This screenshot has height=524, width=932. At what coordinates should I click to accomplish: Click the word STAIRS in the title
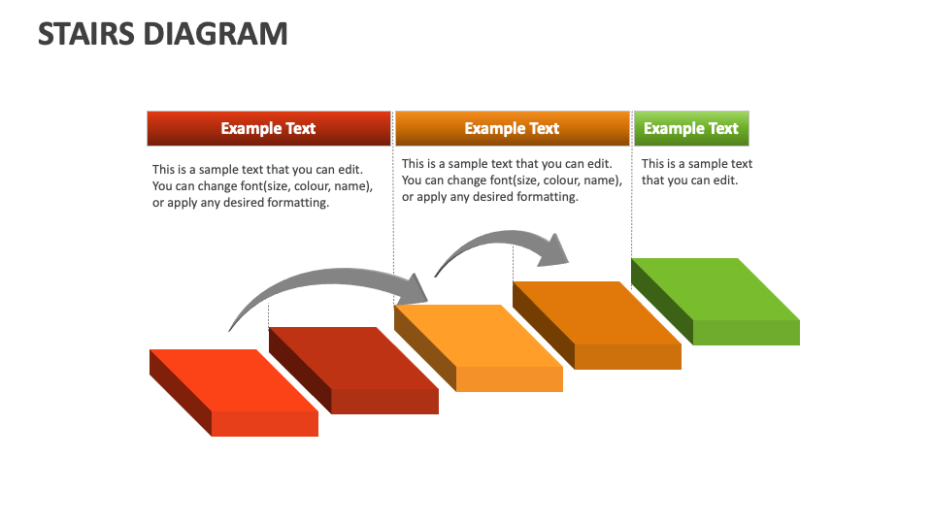(86, 33)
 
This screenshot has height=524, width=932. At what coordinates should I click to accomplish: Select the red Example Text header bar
(268, 128)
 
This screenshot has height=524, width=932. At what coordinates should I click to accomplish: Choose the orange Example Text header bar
(512, 128)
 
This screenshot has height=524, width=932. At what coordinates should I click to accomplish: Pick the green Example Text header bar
(690, 128)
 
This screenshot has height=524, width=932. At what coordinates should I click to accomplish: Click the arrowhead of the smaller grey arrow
(556, 249)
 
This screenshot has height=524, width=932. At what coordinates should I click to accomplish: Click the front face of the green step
(746, 333)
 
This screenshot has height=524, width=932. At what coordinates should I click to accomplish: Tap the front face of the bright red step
(264, 424)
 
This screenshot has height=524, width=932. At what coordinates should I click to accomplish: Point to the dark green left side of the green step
(661, 302)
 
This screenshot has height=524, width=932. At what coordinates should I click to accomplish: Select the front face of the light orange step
(509, 379)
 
